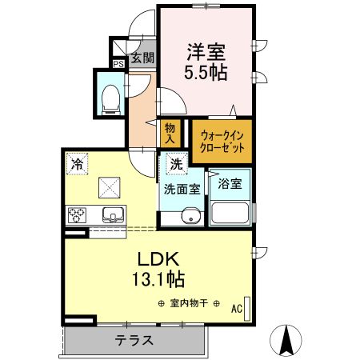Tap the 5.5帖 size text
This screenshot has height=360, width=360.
(x=206, y=72)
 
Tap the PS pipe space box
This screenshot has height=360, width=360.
(x=118, y=64)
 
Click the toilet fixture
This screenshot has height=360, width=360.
(x=110, y=97)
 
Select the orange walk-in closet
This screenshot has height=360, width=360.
(x=222, y=140)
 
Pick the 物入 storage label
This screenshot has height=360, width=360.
(x=170, y=134)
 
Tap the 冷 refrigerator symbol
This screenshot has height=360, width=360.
(x=77, y=162)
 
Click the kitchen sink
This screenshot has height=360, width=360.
(x=111, y=215)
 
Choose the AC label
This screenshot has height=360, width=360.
(x=238, y=307)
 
